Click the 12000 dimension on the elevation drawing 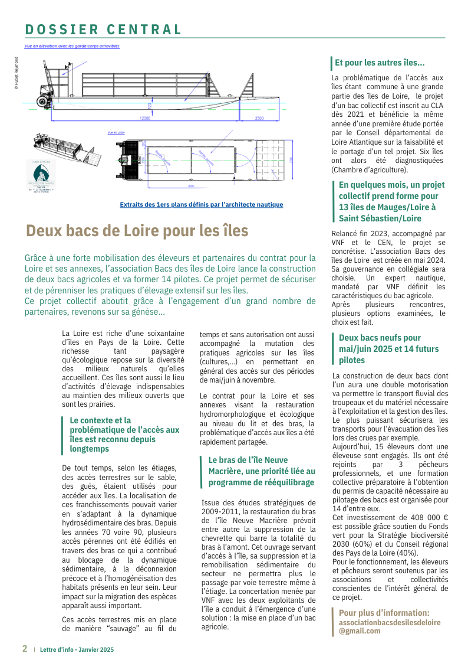tap(145, 119)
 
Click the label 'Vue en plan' tap(116, 133)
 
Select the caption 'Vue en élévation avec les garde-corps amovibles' tap(72, 45)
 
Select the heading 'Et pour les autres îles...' tap(380, 63)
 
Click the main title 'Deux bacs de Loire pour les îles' tap(137, 230)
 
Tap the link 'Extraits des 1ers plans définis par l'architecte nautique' tap(201, 204)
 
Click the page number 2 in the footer tap(25, 648)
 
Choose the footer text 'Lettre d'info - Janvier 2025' tap(77, 649)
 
